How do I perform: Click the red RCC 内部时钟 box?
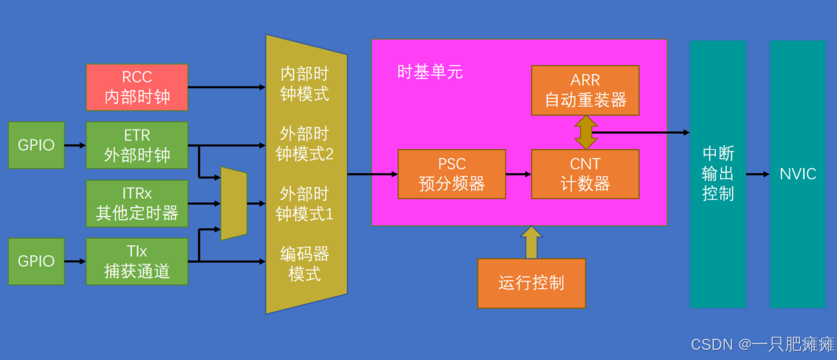pos(137,87)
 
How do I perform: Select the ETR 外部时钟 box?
pos(137,145)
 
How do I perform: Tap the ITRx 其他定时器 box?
pos(137,203)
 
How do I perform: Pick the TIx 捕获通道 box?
pos(137,261)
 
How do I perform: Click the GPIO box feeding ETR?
pos(36,145)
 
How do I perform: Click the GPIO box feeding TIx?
pos(36,261)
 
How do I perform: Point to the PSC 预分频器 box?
pos(451,174)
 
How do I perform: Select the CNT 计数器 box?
pos(585,174)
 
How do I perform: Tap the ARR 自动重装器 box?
pos(585,90)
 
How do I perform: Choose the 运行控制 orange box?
pos(531,283)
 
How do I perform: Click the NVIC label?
pos(798,174)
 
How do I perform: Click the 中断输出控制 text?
pos(718,174)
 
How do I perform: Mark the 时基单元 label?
pos(430,72)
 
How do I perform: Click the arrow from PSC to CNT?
pos(518,174)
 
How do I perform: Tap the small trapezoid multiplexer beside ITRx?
pos(234,203)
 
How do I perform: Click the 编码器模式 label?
pos(304,263)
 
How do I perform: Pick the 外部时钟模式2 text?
pos(304,144)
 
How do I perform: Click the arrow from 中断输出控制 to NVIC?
pos(757,174)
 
